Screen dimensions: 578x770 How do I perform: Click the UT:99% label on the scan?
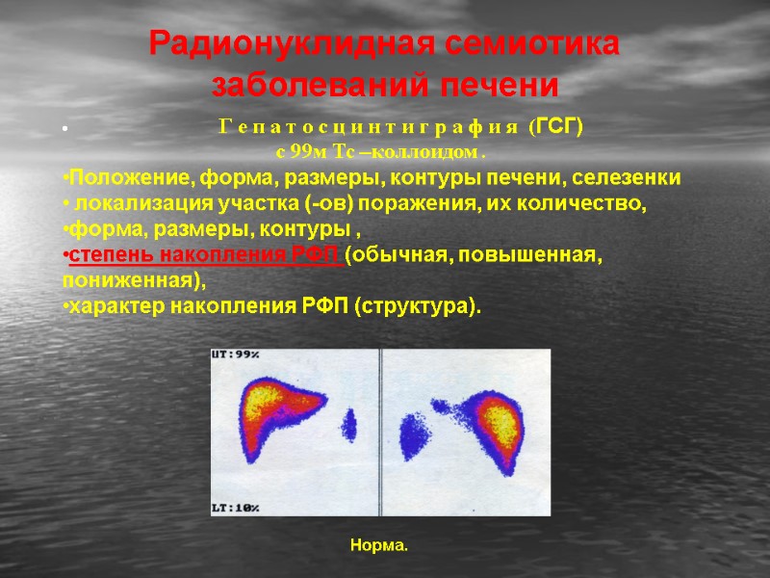click(236, 355)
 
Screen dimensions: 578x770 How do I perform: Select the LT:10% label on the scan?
click(236, 508)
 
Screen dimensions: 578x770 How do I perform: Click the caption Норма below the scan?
click(379, 546)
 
